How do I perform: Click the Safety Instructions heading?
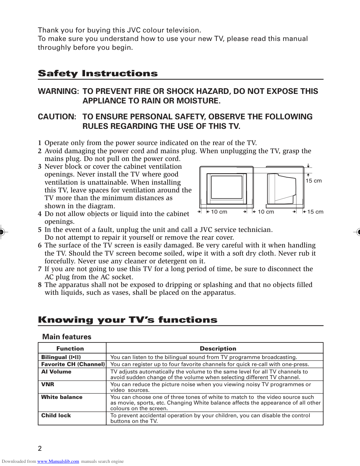point(98,73)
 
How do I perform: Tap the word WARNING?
point(58,91)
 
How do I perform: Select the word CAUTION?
point(57,117)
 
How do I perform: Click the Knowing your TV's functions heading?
point(127,320)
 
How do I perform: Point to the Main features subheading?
point(67,337)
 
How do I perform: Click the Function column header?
point(70,348)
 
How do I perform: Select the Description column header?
point(218,348)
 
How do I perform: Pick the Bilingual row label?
point(61,357)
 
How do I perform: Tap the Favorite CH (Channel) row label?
point(73,364)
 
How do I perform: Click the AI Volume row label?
point(56,372)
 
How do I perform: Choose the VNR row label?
point(48,384)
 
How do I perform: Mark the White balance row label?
point(62,397)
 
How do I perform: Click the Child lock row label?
point(56,416)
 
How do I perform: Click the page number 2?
point(40,448)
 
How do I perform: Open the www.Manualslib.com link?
point(58,461)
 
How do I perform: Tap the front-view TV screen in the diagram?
point(227,187)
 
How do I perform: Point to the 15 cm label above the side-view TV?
point(313,181)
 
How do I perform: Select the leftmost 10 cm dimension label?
point(219,212)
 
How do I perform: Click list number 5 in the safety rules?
point(40,230)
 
